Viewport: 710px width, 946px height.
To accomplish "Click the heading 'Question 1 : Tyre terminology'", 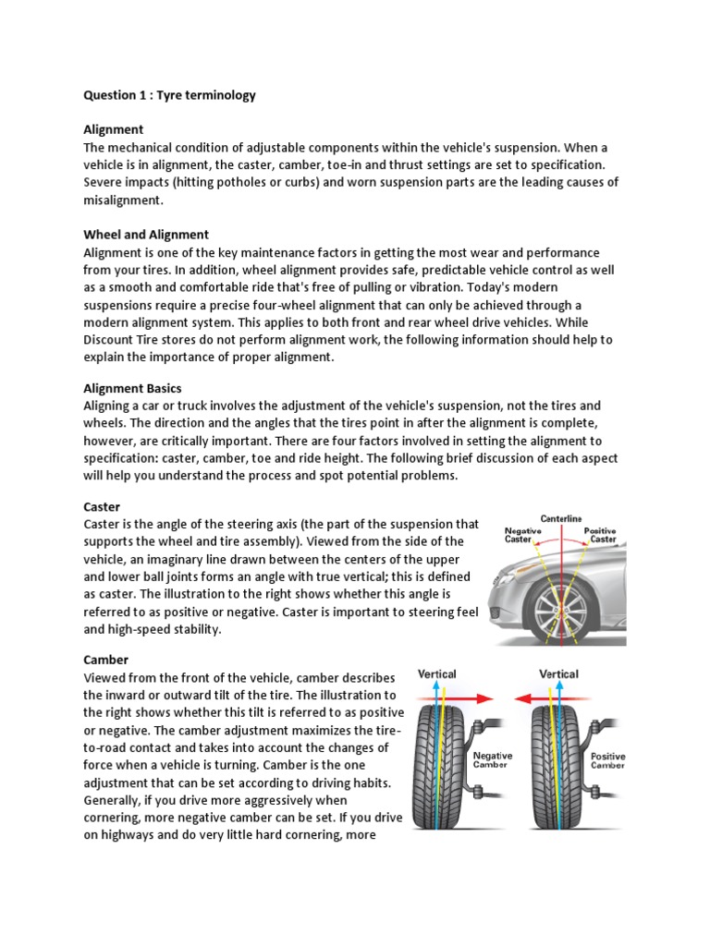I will point(169,95).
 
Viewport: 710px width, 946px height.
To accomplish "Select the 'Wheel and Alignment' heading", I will point(146,235).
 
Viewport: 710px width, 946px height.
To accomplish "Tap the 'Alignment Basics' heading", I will point(132,388).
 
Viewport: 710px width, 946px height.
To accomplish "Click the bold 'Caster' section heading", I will point(103,507).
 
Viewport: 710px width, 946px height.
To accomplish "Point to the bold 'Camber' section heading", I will point(105,660).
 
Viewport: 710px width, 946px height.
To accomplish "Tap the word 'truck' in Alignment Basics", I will point(220,406).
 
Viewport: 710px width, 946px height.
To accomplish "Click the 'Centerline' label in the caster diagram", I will point(561,519).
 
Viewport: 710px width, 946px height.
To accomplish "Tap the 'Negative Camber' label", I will point(494,759).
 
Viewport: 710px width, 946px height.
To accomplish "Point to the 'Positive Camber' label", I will point(608,760).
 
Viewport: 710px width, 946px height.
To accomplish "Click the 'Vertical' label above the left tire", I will point(437,674).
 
